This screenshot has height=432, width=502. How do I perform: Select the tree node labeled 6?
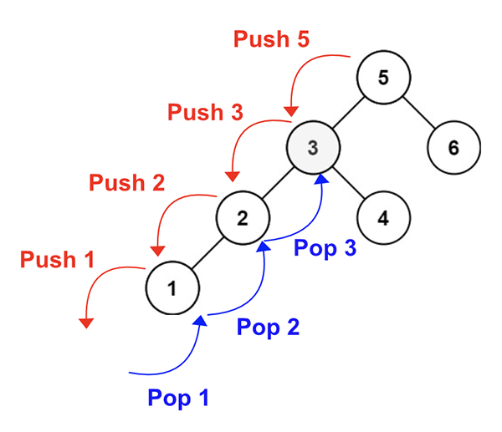tap(453, 148)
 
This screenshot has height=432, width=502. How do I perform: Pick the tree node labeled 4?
tap(382, 219)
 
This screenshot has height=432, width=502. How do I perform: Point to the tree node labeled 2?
tap(243, 219)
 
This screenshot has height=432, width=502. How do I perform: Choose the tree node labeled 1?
tap(172, 289)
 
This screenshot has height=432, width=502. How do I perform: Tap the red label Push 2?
tap(126, 182)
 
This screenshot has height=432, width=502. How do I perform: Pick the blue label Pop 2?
tap(268, 326)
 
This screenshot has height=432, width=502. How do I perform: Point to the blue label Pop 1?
tap(177, 397)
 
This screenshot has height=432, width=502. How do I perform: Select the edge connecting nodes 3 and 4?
tap(348, 184)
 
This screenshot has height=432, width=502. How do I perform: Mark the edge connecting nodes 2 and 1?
tap(207, 254)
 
